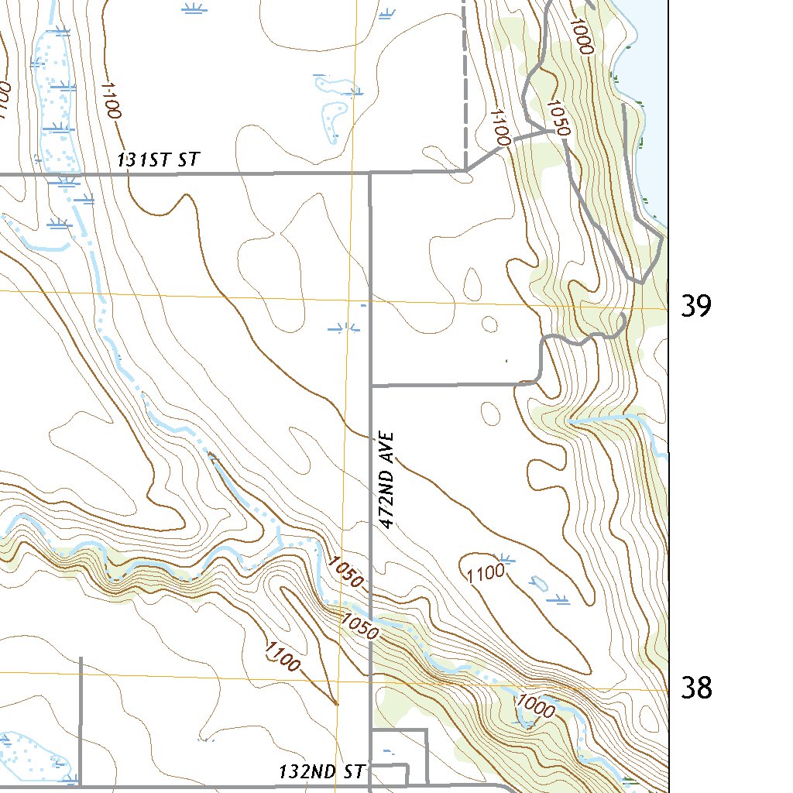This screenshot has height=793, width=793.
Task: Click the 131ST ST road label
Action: click(x=159, y=160)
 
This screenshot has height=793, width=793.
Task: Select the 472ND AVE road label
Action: click(x=389, y=480)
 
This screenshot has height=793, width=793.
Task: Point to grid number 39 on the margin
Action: click(x=695, y=307)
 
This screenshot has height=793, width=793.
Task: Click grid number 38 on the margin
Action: click(x=695, y=687)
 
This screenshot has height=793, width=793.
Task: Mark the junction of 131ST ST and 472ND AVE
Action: click(x=370, y=173)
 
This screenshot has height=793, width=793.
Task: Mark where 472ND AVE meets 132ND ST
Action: click(x=370, y=788)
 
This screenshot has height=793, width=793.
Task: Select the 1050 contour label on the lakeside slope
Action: click(x=558, y=118)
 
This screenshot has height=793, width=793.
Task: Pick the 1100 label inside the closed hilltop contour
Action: click(x=486, y=574)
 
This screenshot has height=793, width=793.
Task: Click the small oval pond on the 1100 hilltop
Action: click(x=537, y=581)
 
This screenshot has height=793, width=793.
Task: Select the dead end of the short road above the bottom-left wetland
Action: click(x=81, y=658)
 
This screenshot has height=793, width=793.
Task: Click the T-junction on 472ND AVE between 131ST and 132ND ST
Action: click(x=371, y=384)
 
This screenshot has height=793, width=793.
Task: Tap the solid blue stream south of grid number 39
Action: click(x=612, y=418)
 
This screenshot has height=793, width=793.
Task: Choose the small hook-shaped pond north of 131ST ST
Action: click(x=332, y=116)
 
